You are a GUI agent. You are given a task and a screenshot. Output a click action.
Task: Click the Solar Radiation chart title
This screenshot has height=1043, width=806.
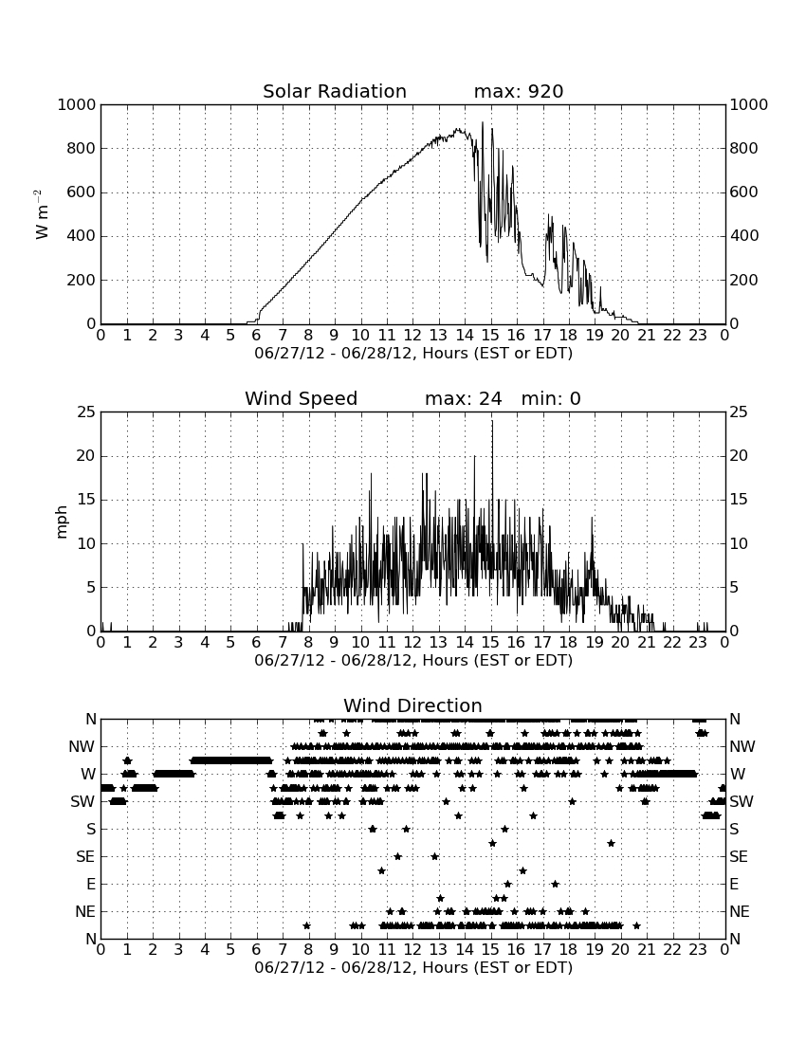335,91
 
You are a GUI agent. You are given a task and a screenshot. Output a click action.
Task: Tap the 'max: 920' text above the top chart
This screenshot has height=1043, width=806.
519,91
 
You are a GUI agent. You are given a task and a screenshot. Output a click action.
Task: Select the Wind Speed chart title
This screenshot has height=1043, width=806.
302,398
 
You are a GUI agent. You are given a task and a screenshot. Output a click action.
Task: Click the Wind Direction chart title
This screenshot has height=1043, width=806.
413,705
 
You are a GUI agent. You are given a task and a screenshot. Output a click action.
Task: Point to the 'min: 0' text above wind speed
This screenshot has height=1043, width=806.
551,398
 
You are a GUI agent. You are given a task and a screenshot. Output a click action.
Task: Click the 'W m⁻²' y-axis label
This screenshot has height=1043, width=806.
41,214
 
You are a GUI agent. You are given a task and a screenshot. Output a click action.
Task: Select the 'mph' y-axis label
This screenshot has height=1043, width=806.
62,521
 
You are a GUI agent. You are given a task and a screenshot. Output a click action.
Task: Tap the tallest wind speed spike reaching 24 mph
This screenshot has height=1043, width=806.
492,421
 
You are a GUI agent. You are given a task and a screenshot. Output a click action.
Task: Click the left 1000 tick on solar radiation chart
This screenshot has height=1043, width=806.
77,104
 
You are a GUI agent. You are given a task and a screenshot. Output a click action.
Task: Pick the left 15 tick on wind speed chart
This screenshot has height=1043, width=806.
86,500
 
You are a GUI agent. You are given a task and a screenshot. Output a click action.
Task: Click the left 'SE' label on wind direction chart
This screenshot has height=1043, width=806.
85,857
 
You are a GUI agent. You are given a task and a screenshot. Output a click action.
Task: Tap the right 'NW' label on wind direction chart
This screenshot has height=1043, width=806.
742,747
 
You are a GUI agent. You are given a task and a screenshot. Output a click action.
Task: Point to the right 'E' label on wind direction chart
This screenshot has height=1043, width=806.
734,884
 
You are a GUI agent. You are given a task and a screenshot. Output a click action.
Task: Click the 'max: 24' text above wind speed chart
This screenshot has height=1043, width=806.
464,398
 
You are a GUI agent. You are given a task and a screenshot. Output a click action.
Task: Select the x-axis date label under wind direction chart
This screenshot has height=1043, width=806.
413,967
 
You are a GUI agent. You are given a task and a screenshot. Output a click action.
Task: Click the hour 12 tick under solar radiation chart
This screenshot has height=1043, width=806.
412,336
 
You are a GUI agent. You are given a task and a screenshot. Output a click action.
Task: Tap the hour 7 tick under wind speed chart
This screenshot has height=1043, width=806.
283,643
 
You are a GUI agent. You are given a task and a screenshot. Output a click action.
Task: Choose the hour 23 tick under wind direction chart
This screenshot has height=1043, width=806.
698,950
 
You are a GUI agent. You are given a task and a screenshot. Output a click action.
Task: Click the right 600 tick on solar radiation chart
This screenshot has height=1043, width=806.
744,192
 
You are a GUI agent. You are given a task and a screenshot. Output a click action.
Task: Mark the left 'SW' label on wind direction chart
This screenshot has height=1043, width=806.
82,801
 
